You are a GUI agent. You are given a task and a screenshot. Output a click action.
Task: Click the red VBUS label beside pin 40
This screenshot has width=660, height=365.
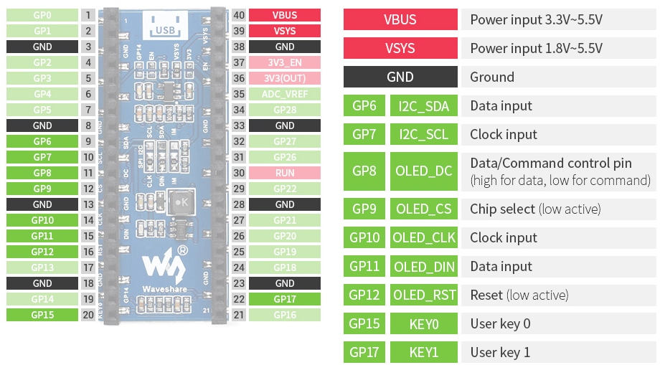pyautogui.click(x=284, y=15)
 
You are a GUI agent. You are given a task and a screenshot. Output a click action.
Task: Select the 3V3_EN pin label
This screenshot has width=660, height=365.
pyautogui.click(x=284, y=62)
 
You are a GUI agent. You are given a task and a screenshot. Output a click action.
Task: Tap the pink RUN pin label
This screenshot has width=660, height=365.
pyautogui.click(x=284, y=173)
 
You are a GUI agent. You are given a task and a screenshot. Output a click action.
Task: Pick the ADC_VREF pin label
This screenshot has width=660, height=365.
pyautogui.click(x=284, y=94)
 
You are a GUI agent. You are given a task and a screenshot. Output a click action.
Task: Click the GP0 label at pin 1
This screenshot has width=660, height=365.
pyautogui.click(x=42, y=15)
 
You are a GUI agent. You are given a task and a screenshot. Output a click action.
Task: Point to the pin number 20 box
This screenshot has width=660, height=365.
pyautogui.click(x=88, y=315)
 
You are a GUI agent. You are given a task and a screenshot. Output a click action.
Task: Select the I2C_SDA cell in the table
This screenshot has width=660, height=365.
pyautogui.click(x=423, y=106)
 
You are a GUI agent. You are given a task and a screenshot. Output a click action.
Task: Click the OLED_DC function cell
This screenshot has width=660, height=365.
pyautogui.click(x=423, y=171)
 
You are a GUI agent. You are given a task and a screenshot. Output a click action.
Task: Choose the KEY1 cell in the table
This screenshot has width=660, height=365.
pyautogui.click(x=423, y=352)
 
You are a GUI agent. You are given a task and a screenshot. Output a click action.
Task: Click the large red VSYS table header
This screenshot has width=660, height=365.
pyautogui.click(x=400, y=48)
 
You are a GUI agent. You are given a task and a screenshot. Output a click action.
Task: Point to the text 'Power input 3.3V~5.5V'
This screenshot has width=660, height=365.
pyautogui.click(x=536, y=19)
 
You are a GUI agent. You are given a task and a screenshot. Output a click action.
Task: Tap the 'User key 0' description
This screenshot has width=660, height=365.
pyautogui.click(x=500, y=323)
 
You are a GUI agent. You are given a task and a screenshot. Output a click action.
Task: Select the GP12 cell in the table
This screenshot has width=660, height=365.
pyautogui.click(x=364, y=295)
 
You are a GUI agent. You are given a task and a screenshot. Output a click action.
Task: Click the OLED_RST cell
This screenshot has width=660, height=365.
pyautogui.click(x=423, y=295)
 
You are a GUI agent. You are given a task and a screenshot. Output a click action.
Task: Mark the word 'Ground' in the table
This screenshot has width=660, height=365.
pyautogui.click(x=491, y=77)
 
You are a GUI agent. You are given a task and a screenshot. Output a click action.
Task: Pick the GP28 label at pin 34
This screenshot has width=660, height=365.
pyautogui.click(x=284, y=110)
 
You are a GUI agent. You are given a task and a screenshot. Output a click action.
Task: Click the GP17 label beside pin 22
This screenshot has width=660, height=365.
pyautogui.click(x=284, y=299)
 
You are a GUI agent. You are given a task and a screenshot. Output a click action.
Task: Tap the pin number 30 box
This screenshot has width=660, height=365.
pyautogui.click(x=239, y=173)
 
